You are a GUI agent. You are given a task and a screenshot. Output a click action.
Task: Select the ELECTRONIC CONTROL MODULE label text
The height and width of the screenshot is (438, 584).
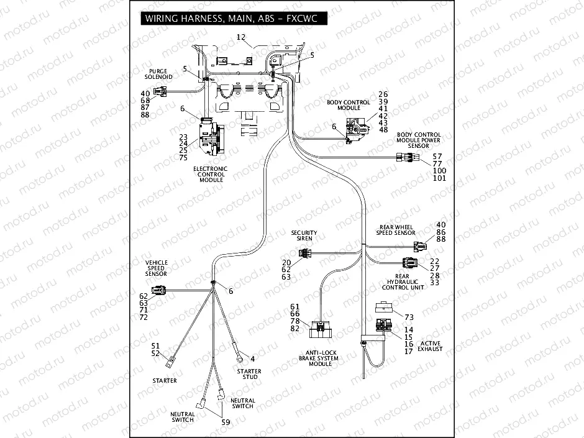210,174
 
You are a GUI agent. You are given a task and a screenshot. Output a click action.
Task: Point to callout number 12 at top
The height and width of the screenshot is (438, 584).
241,38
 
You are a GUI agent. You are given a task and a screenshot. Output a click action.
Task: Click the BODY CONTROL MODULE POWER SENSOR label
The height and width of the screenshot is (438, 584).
419,140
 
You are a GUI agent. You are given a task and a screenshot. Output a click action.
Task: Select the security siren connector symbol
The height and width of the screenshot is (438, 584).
305,253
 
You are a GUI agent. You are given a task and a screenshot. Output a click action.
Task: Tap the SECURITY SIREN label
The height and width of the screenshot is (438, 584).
304,235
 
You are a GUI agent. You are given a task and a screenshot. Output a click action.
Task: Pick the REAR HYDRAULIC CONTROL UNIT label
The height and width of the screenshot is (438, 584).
405,282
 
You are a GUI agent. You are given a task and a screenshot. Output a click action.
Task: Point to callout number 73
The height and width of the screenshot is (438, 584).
409,317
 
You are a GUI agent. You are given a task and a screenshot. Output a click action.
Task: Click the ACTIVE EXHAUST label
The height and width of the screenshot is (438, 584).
430,346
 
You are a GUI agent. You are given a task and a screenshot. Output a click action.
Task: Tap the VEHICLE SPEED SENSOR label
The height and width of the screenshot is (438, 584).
156,268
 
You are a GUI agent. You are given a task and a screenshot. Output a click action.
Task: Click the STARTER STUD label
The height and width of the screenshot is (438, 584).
249,374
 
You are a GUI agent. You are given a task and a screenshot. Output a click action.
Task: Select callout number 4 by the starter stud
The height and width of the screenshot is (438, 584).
252,359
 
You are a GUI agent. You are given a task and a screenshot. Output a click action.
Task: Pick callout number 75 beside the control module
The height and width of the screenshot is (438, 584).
183,158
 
